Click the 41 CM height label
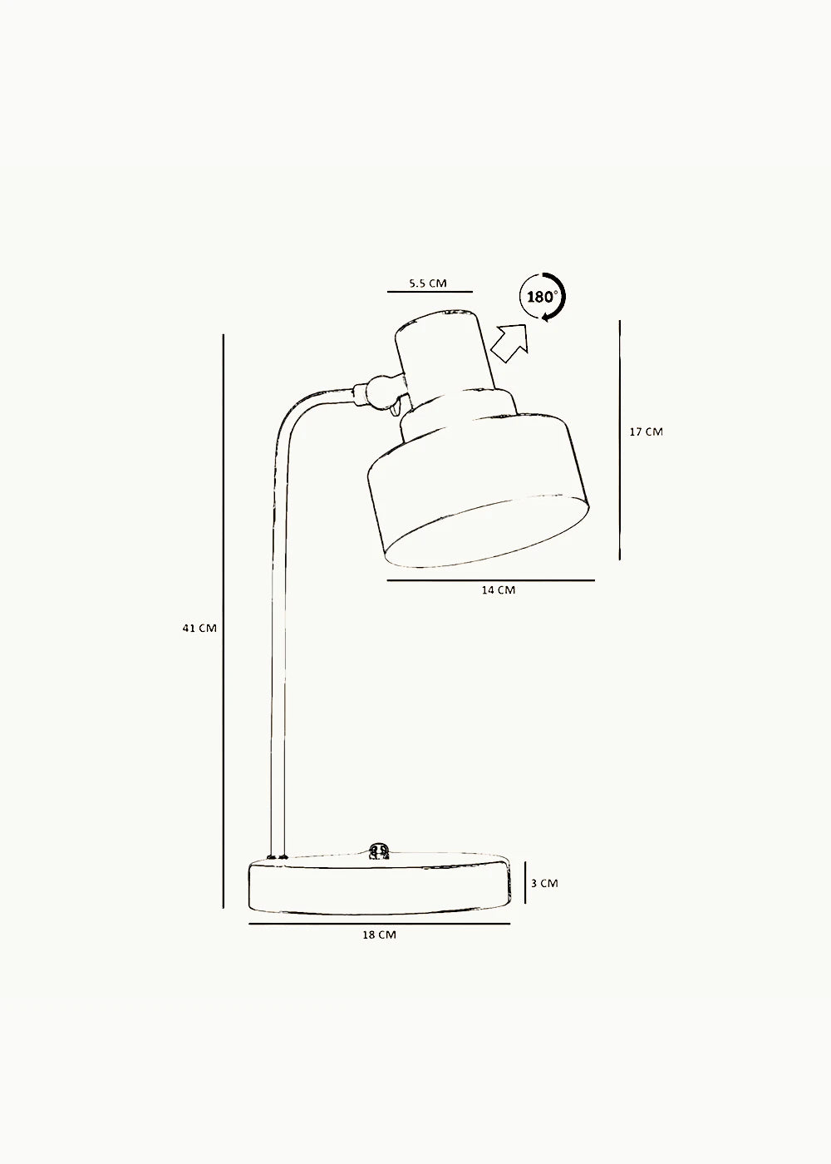(199, 629)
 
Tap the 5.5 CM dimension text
(428, 284)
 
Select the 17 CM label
(647, 432)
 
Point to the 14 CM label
(499, 589)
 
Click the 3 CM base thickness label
(544, 883)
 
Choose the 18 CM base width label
(379, 935)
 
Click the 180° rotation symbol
(543, 297)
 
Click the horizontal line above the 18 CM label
(379, 924)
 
